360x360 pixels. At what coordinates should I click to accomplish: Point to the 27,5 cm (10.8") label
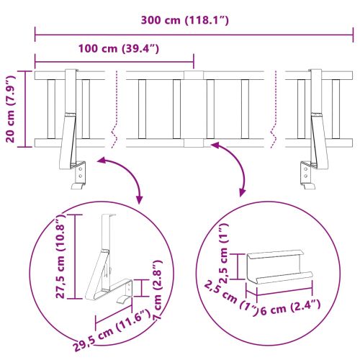[x=63, y=255]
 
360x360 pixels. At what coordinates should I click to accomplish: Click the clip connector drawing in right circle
[x=277, y=270]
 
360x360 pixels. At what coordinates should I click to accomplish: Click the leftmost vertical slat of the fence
[x=51, y=108]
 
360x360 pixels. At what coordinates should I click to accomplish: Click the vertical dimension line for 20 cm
[x=27, y=109]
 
